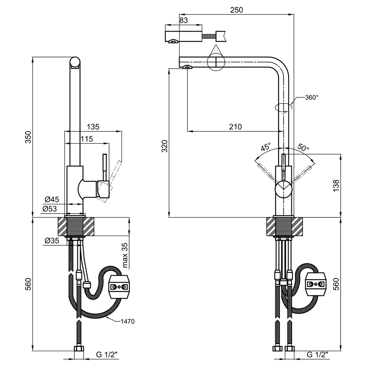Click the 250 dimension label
click(x=236, y=10)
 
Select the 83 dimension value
click(x=184, y=20)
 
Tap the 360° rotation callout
click(x=312, y=97)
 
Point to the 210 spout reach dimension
click(x=235, y=127)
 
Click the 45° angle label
click(x=266, y=147)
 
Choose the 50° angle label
click(x=304, y=147)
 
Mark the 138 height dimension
click(x=336, y=186)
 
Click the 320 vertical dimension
click(x=165, y=146)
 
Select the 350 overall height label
click(x=28, y=137)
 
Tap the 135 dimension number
click(x=93, y=127)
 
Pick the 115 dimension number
click(x=87, y=139)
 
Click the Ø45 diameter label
click(x=52, y=199)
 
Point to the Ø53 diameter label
click(x=50, y=208)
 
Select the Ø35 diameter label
click(x=52, y=240)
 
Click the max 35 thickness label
click(x=125, y=255)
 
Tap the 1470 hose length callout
click(x=128, y=321)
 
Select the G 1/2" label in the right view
click(x=317, y=355)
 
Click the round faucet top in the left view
click(x=75, y=63)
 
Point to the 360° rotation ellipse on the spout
click(x=283, y=107)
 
